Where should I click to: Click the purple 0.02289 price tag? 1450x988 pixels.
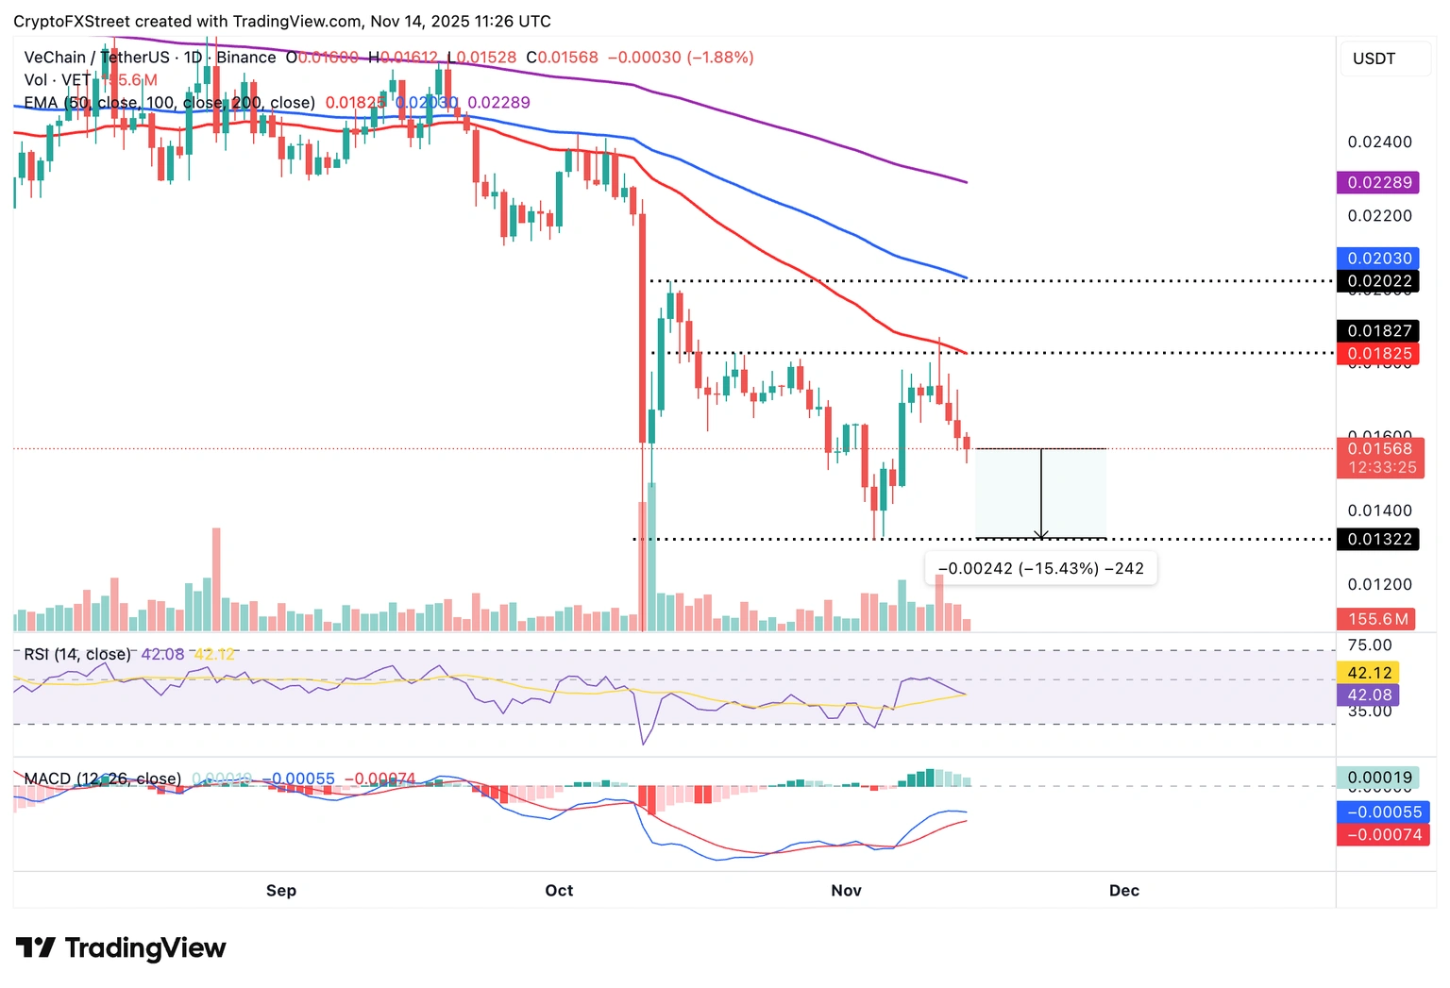point(1379,182)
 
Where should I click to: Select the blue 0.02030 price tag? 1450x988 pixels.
point(1379,258)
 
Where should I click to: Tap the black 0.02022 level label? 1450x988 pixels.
point(1379,281)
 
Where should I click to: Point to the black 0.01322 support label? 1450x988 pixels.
point(1379,539)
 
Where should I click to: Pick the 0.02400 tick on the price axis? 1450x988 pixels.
point(1379,142)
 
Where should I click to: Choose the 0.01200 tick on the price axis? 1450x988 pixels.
point(1379,584)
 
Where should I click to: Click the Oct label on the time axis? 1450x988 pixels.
point(559,890)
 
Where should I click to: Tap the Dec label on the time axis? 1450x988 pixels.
point(1123,890)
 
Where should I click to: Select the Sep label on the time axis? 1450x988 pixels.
point(281,890)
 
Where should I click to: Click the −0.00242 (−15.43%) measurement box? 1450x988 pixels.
point(1040,568)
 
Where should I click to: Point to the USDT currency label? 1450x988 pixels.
point(1374,59)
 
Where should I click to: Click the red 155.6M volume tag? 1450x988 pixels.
point(1376,619)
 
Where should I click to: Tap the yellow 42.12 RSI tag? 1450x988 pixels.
point(1369,673)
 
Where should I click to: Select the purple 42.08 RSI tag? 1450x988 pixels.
point(1369,695)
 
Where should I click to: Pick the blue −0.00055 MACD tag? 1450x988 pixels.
point(1383,812)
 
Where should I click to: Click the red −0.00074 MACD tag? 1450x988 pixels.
point(1383,834)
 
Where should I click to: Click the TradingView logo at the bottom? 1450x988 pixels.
point(121,947)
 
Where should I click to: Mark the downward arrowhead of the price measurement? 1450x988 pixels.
point(1041,535)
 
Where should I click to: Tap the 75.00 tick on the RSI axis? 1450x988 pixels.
point(1370,645)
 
